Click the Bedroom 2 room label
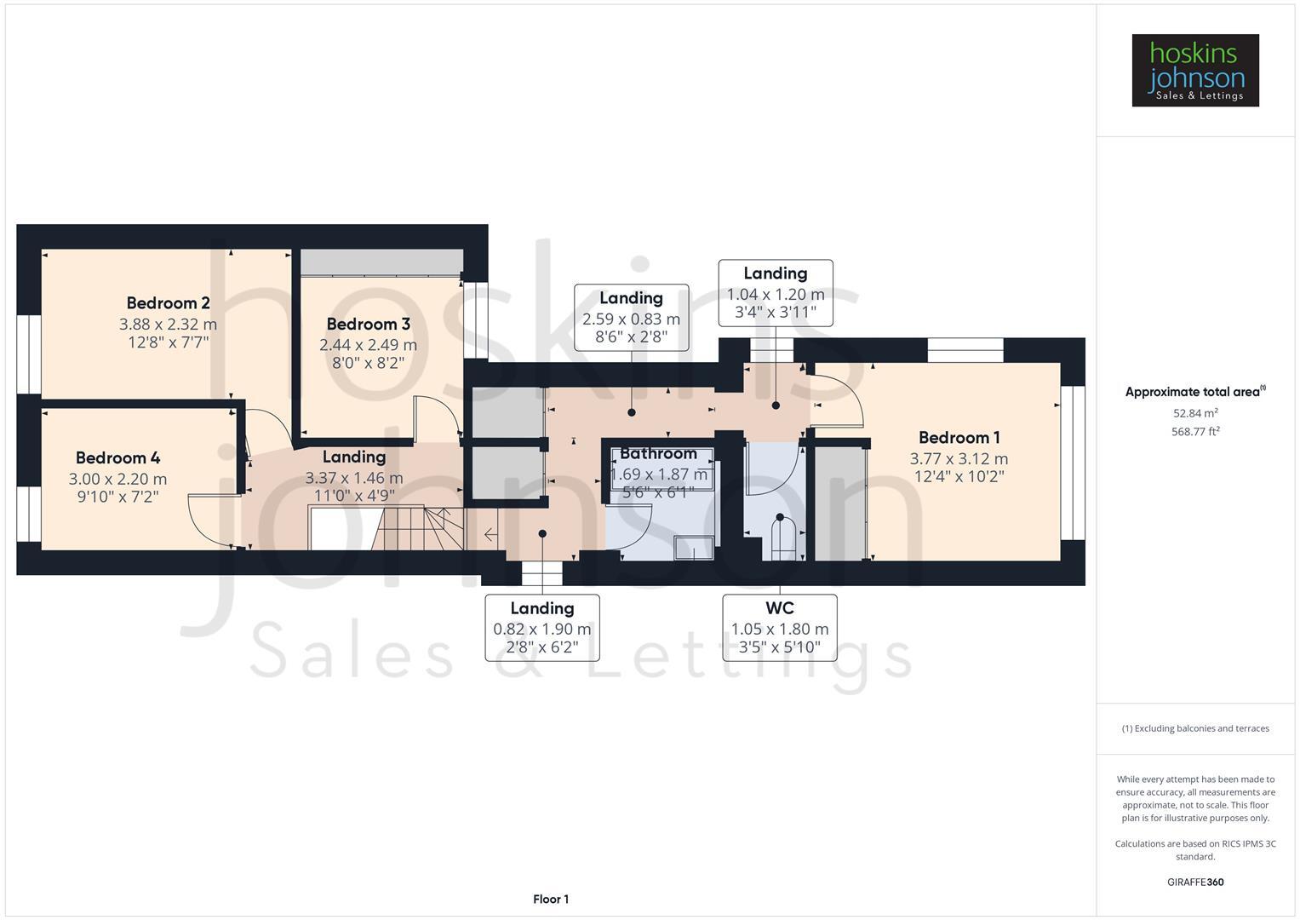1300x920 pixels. tap(168, 303)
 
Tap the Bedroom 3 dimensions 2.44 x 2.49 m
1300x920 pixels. tap(368, 345)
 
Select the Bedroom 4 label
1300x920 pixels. tap(117, 458)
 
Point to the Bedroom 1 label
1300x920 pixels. tap(959, 438)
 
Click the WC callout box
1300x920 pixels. tap(779, 628)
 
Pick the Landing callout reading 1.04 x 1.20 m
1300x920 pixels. tap(775, 293)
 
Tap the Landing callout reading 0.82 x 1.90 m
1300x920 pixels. tap(541, 628)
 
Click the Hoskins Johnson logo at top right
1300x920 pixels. tap(1194, 71)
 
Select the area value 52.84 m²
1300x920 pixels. tap(1194, 413)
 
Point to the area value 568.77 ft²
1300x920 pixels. tap(1194, 432)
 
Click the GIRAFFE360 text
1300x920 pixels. tap(1194, 883)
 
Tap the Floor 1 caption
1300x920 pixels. tap(551, 900)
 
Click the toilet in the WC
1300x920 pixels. tap(782, 537)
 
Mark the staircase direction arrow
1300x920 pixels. tap(491, 535)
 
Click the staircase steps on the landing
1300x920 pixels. tap(417, 528)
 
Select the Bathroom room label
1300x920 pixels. tap(658, 454)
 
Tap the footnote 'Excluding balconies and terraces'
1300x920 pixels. tap(1194, 728)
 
